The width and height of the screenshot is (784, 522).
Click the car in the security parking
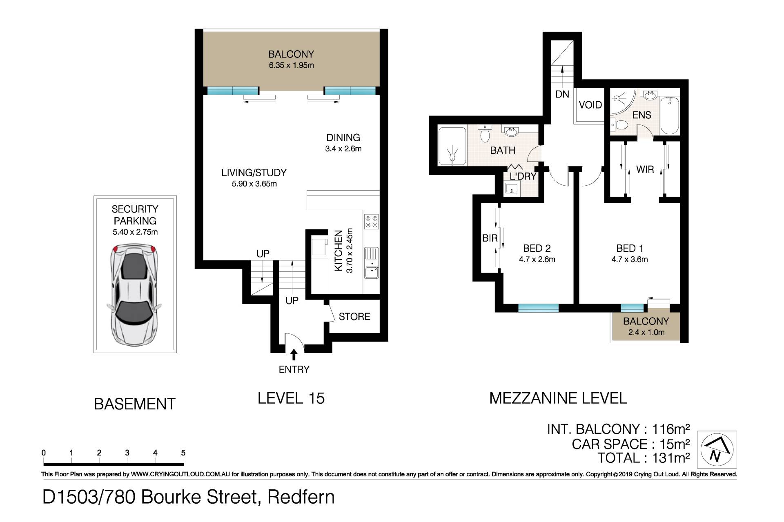pos(134,295)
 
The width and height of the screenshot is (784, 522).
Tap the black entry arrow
pos(294,354)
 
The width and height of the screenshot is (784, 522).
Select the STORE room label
pos(354,316)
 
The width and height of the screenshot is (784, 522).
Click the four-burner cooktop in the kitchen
pos(372,222)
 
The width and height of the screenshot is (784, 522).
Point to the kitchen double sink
pos(372,263)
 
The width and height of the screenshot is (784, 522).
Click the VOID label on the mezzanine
pos(590,105)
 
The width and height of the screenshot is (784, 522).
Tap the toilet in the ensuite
pos(619,125)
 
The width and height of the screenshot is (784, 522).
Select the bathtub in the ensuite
pos(670,115)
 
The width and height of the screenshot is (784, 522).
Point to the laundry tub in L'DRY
pos(512,188)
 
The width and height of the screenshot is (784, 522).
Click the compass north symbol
pos(717,449)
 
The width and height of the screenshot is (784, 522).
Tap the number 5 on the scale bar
pos(183,453)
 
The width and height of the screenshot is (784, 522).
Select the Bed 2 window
pos(538,308)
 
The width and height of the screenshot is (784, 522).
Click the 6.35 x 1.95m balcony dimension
pos(291,65)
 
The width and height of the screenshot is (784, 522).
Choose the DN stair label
pos(562,94)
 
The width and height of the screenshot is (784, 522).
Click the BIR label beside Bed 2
pos(490,238)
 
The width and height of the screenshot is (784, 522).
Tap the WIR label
pos(645,169)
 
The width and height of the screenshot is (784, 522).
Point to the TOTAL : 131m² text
pos(644,458)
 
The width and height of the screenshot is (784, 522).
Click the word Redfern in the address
pos(301,497)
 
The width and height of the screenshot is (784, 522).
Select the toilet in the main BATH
pos(485,133)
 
